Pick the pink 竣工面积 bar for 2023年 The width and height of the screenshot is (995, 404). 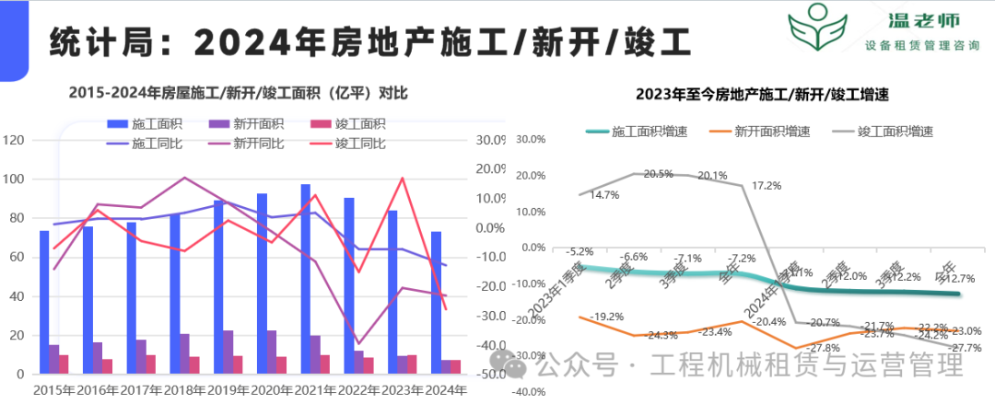[x=411, y=364]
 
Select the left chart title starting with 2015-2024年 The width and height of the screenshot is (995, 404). [x=238, y=93]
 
